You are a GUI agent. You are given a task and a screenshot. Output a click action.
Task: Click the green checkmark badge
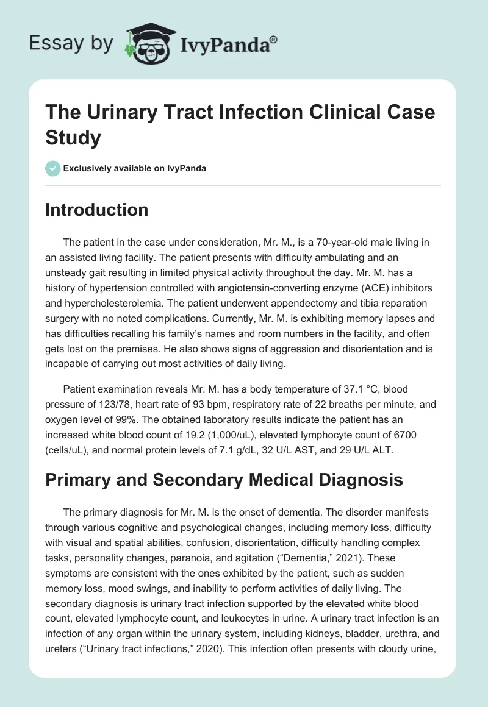(x=52, y=168)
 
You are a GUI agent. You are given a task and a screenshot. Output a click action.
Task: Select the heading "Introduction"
(x=97, y=210)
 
